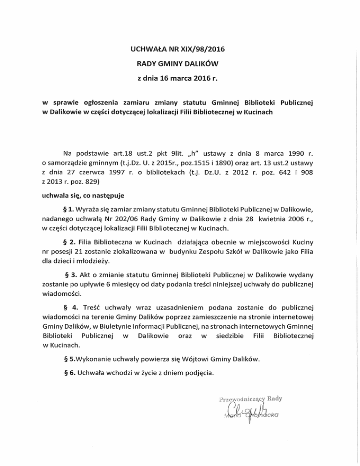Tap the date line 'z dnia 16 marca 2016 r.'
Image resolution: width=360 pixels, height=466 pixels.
(180, 78)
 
